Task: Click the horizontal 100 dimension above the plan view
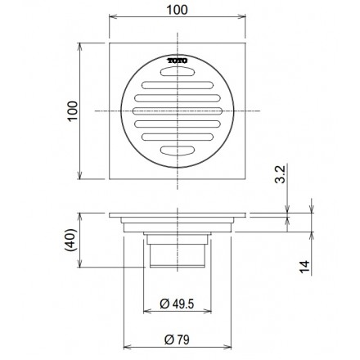178,10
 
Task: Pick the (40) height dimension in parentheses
72,239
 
